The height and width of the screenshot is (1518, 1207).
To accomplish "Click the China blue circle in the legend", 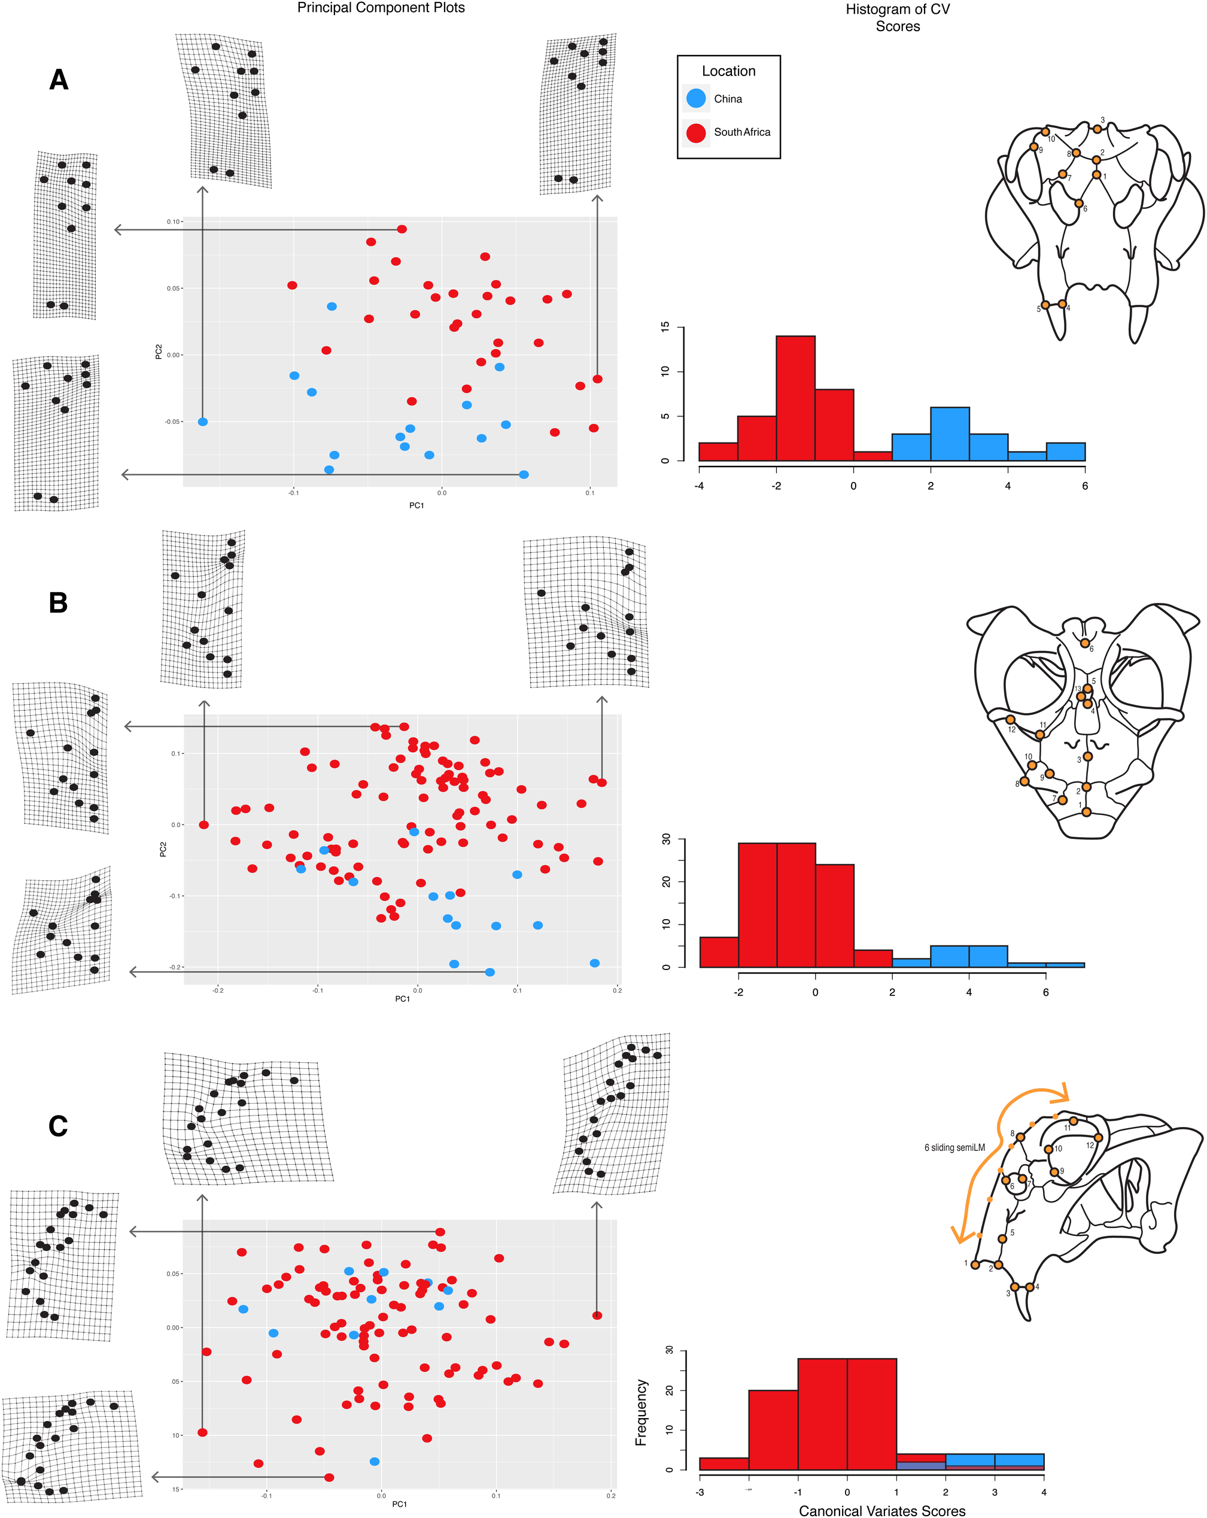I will (x=695, y=99).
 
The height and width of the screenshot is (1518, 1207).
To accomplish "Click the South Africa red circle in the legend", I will (x=695, y=132).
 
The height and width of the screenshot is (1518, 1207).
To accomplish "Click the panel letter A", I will (x=59, y=80).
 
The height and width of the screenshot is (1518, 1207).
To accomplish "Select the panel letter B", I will (x=59, y=602).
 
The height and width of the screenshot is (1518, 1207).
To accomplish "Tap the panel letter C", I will (x=59, y=1126).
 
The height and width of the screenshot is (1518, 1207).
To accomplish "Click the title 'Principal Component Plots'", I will (x=381, y=8).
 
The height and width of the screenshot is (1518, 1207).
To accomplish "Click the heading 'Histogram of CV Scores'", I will (x=898, y=17).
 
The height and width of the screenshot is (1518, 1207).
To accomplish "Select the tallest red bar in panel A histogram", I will (x=795, y=398).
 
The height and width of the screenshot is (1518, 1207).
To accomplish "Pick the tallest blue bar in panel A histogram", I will (x=950, y=434).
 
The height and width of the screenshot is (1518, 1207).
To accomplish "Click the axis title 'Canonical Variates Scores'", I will (x=882, y=1510).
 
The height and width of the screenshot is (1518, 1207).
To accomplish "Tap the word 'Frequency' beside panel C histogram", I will (x=640, y=1413).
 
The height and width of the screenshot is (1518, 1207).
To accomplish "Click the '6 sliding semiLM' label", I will (x=954, y=1148).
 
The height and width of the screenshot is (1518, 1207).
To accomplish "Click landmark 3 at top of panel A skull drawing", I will (x=1097, y=129).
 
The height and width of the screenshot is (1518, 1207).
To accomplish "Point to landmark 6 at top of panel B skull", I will (x=1086, y=643).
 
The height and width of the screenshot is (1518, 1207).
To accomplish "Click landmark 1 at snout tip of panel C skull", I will (x=975, y=1265).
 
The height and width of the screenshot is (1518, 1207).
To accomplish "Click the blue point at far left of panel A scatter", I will (x=203, y=422).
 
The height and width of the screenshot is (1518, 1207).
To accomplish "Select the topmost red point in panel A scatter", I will (x=402, y=229).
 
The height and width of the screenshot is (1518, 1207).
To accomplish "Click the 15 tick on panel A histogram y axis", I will (x=665, y=327).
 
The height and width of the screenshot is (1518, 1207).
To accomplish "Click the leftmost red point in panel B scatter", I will (x=204, y=825).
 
